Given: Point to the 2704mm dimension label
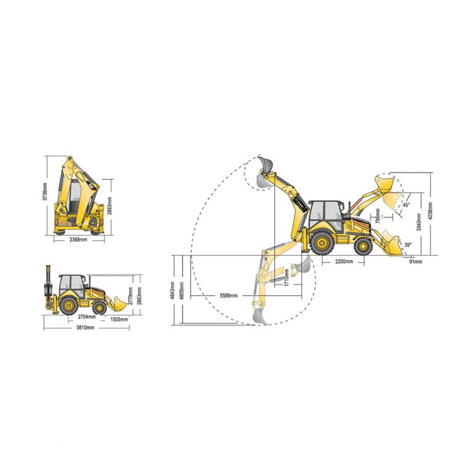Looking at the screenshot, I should [x=87, y=317].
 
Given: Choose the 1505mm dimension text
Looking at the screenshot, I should [x=119, y=319].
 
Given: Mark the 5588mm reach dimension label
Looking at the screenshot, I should [x=231, y=296].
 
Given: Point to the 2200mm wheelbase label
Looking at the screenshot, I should [x=344, y=262].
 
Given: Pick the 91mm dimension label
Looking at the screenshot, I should [x=416, y=262].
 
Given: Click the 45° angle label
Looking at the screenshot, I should [x=406, y=205].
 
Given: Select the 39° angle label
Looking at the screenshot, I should [x=407, y=245].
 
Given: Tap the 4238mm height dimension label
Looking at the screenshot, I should [x=431, y=212].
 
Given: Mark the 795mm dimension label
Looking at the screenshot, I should [x=378, y=217].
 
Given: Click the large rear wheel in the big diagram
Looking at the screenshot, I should [x=322, y=242].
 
